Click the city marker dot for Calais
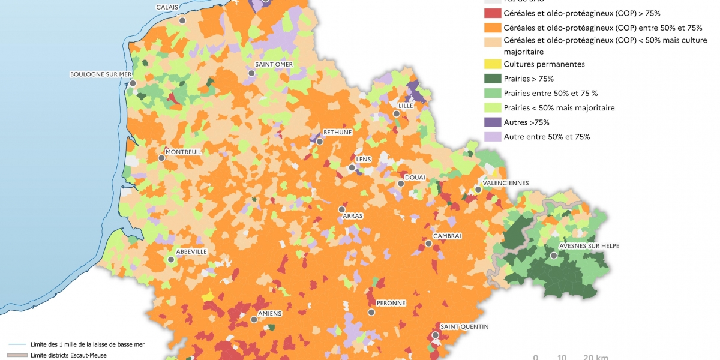pyautogui.click(x=182, y=20)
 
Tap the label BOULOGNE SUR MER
pyautogui.click(x=100, y=74)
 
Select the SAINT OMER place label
pyautogui.click(x=274, y=64)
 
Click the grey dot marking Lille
pyautogui.click(x=396, y=113)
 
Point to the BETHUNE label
pyautogui.click(x=337, y=132)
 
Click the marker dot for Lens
pyautogui.click(x=352, y=168)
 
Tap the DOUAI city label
pyautogui.click(x=415, y=177)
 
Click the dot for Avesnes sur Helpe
pyautogui.click(x=554, y=255)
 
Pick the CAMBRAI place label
pyautogui.click(x=447, y=236)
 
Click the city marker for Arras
pyautogui.click(x=342, y=209)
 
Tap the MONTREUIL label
pyautogui.click(x=183, y=152)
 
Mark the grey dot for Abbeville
pyautogui.click(x=171, y=260)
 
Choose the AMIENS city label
pyautogui.click(x=269, y=313)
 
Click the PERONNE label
pyautogui.click(x=391, y=304)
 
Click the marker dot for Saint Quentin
pyautogui.click(x=435, y=335)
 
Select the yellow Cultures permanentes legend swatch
pyautogui.click(x=492, y=64)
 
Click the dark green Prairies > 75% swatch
pyautogui.click(x=492, y=79)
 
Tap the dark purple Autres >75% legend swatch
pyautogui.click(x=492, y=122)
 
